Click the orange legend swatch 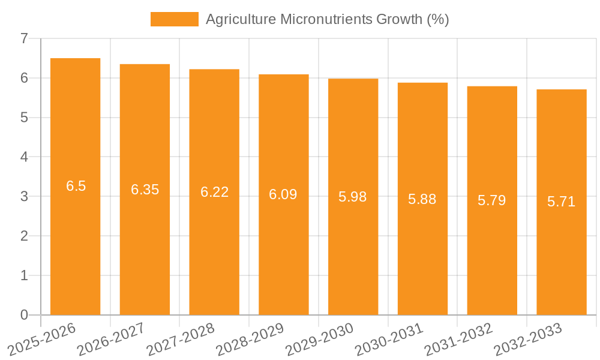(174, 19)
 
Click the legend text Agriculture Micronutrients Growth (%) (327, 19)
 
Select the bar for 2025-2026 (75, 240)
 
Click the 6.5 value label (76, 186)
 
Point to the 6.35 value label (145, 190)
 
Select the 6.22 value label (214, 192)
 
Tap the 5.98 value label (353, 197)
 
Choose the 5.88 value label (422, 199)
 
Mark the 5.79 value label (492, 200)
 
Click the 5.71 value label (562, 202)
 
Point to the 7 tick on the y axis (24, 38)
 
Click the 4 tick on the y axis (24, 157)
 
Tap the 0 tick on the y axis (24, 315)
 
